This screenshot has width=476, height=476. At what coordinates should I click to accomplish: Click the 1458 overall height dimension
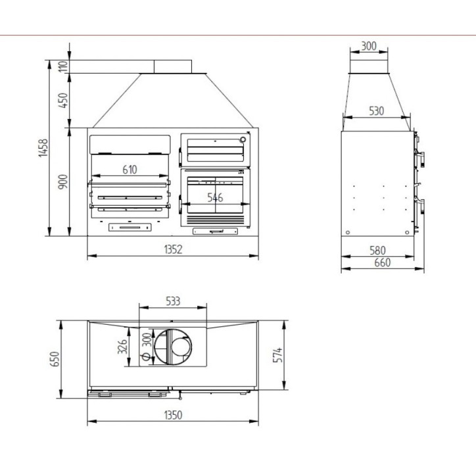(x=43, y=148)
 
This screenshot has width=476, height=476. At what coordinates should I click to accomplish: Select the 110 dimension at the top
(x=63, y=66)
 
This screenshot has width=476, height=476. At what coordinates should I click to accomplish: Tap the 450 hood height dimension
(x=63, y=101)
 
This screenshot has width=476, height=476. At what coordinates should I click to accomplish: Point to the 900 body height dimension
(x=63, y=182)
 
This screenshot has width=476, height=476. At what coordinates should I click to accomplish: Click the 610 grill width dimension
(x=130, y=170)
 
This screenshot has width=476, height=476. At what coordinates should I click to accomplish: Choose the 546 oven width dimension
(x=215, y=198)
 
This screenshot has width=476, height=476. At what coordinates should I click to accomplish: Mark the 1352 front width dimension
(x=173, y=249)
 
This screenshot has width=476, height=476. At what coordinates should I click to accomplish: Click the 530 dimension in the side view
(x=377, y=111)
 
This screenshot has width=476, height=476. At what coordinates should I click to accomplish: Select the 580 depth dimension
(x=377, y=250)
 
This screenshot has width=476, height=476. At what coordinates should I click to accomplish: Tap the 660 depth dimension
(x=382, y=262)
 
